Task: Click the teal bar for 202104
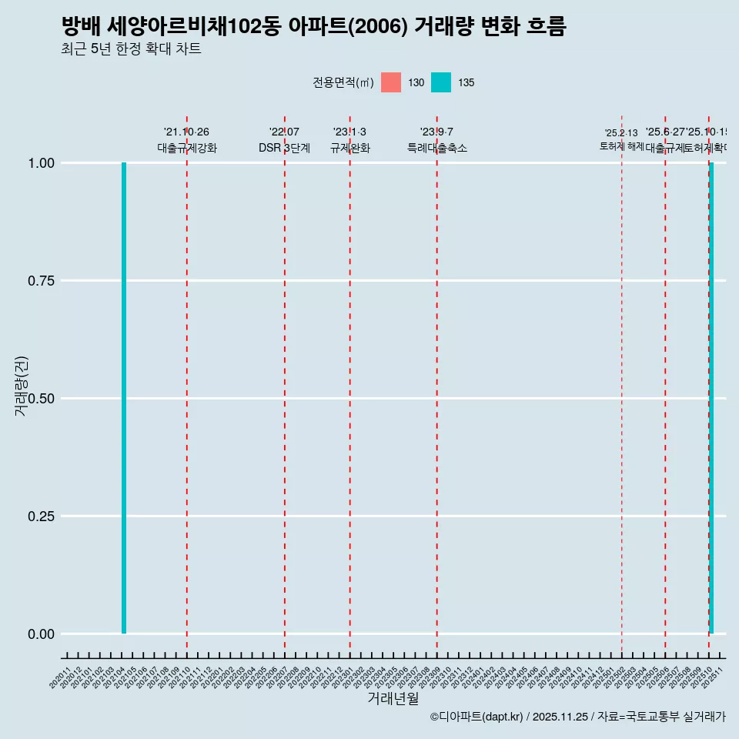[124, 398]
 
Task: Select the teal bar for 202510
[711, 398]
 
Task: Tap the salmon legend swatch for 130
[391, 82]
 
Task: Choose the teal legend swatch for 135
[441, 82]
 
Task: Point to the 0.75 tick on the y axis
[41, 281]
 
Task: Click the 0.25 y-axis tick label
[41, 517]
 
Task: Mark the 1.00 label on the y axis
[41, 163]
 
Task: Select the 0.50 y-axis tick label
[41, 399]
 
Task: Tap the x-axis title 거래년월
[393, 699]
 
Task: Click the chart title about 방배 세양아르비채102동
[313, 27]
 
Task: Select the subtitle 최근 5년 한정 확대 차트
[131, 49]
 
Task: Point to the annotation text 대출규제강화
[187, 148]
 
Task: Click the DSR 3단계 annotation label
[284, 148]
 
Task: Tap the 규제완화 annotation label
[350, 148]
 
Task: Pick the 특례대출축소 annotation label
[437, 148]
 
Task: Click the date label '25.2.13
[621, 134]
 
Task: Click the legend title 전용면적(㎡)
[343, 82]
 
